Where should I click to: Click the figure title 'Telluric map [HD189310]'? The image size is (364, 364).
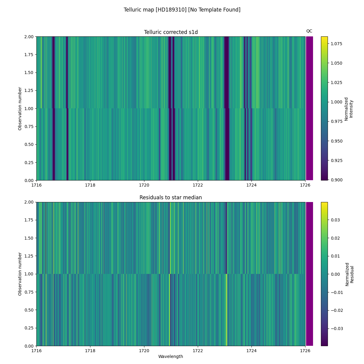pyautogui.click(x=182, y=10)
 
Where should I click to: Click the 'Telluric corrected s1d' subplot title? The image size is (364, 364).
pyautogui.click(x=171, y=32)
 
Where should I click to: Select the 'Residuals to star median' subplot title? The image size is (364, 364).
pyautogui.click(x=171, y=197)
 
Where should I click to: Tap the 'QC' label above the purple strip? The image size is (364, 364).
pyautogui.click(x=309, y=31)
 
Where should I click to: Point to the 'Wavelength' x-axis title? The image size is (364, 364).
pyautogui.click(x=170, y=356)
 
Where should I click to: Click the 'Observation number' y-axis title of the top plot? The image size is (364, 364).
pyautogui.click(x=20, y=109)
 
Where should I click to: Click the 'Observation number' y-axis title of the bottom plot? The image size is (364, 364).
pyautogui.click(x=20, y=274)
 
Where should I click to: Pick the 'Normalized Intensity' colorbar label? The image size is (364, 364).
pyautogui.click(x=349, y=109)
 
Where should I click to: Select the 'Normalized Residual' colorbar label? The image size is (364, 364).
pyautogui.click(x=349, y=273)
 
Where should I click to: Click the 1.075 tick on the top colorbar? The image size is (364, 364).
pyautogui.click(x=336, y=44)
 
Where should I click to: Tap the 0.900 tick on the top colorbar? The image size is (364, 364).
pyautogui.click(x=336, y=180)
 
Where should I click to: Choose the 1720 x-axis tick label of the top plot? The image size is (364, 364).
pyautogui.click(x=144, y=185)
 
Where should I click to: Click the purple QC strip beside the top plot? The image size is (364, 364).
pyautogui.click(x=309, y=108)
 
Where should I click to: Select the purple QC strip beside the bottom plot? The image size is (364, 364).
pyautogui.click(x=309, y=274)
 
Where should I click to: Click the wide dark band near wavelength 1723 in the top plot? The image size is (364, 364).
pyautogui.click(x=227, y=108)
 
